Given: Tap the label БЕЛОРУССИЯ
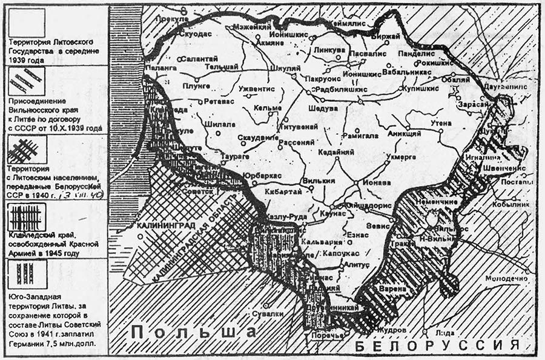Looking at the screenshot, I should pos(430,345).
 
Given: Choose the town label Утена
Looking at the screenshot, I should pos(441,123).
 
